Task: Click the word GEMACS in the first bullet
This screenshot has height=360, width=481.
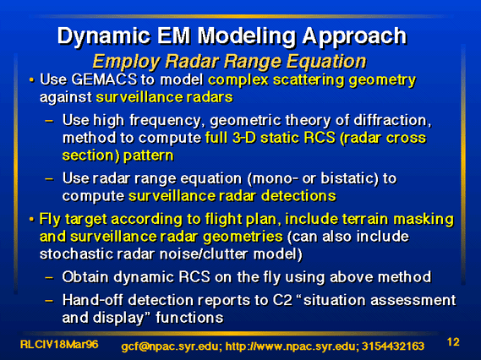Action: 104,79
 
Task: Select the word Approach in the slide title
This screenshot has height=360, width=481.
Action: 354,37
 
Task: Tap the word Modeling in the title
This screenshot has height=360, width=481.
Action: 247,37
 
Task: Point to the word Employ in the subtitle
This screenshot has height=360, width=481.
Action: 126,63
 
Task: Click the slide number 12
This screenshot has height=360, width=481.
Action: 453,342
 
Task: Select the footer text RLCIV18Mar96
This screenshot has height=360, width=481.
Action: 59,344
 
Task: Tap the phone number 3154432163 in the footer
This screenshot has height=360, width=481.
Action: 393,346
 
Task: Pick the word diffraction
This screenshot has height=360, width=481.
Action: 392,120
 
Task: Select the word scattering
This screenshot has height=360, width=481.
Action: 309,80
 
